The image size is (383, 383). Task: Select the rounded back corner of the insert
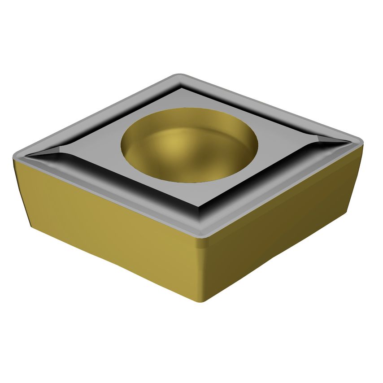click(179, 77)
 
